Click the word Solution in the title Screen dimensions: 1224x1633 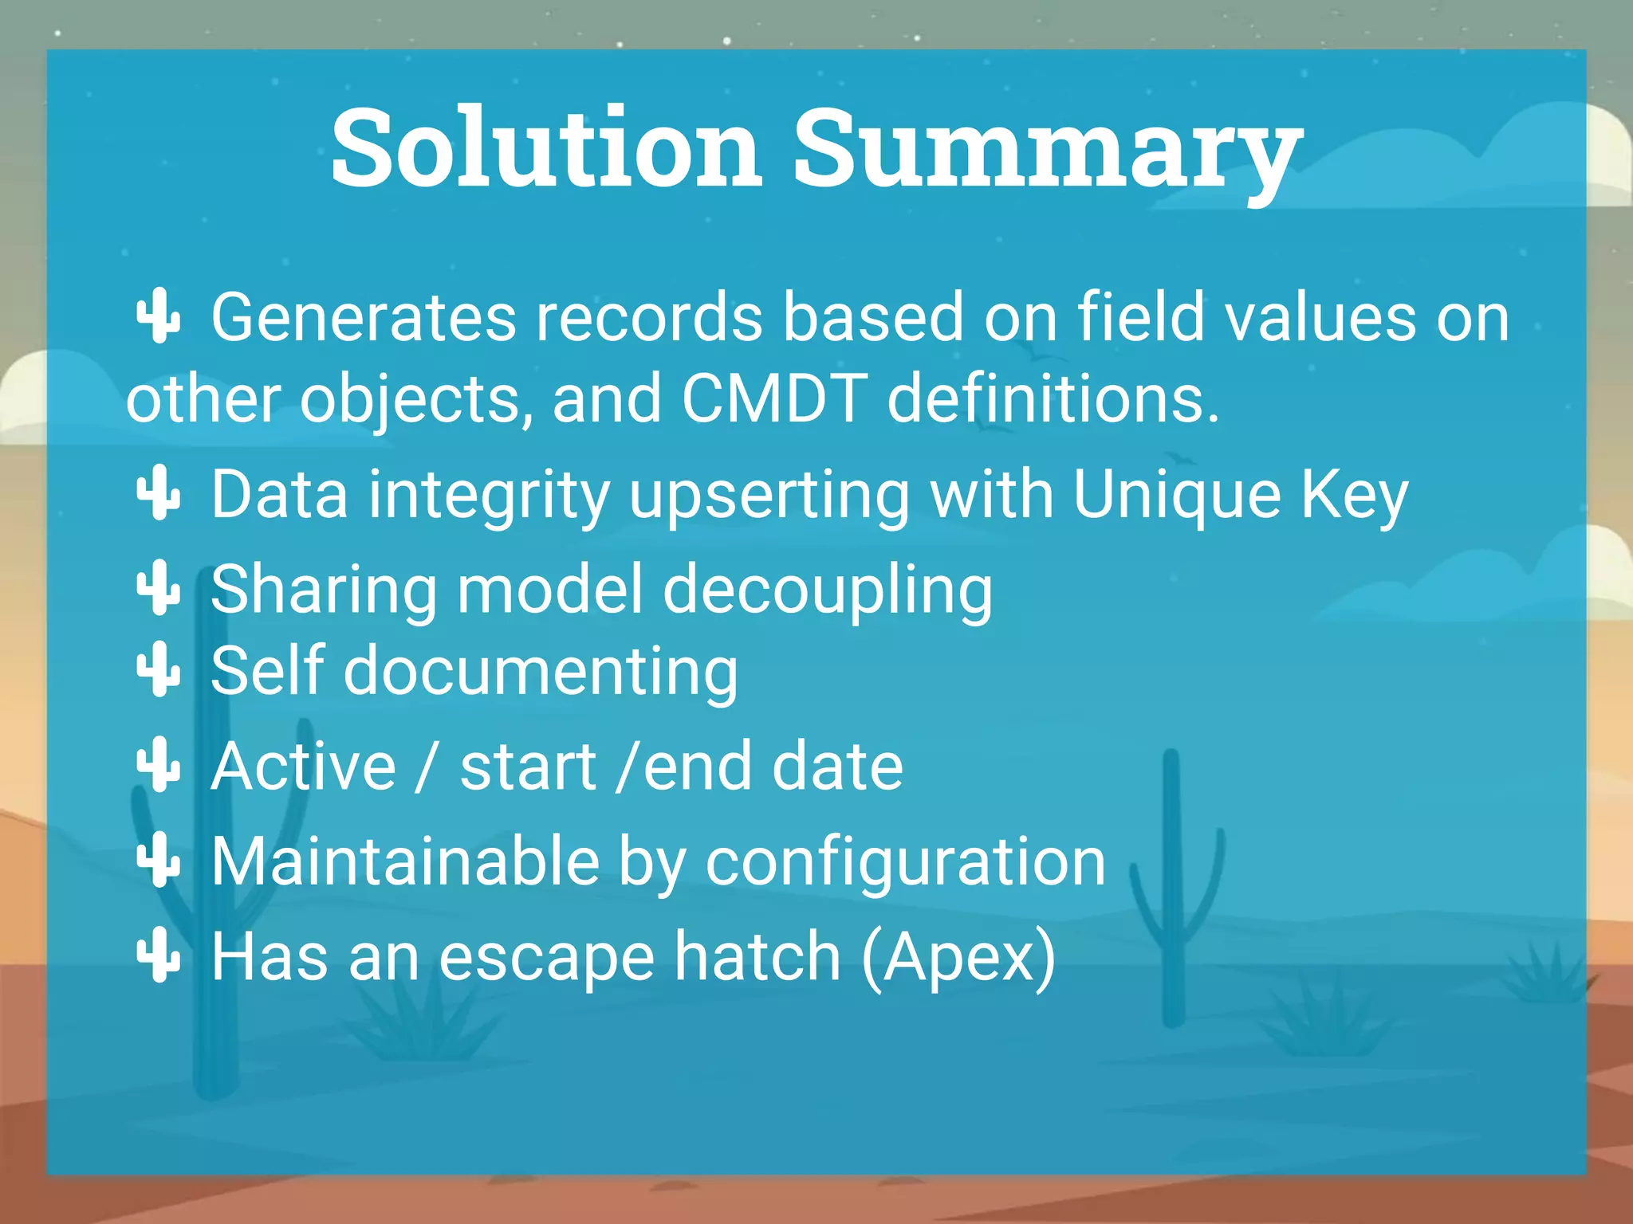click(x=545, y=149)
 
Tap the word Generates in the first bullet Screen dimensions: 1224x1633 click(x=363, y=318)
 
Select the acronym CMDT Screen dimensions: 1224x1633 click(x=773, y=398)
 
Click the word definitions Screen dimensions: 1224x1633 click(x=1053, y=398)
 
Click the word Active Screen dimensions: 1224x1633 click(x=303, y=767)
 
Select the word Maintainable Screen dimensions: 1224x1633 click(x=405, y=861)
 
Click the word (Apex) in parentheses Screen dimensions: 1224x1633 click(x=958, y=957)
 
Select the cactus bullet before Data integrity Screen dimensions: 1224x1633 click(x=159, y=492)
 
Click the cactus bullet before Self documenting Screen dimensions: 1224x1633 click(x=159, y=669)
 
